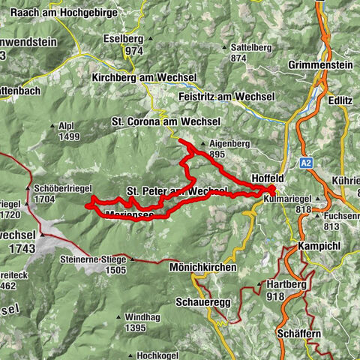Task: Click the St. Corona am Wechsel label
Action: (159, 120)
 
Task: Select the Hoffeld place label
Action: (268, 178)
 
